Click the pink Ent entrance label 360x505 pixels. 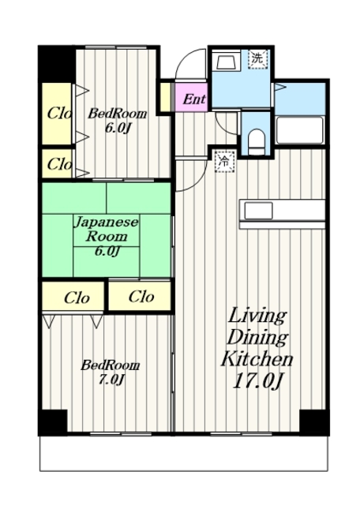[x=194, y=99]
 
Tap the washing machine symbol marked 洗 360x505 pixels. [x=258, y=58]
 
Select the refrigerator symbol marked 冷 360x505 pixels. [x=225, y=161]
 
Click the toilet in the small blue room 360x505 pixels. [x=257, y=142]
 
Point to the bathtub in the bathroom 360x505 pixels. [x=300, y=129]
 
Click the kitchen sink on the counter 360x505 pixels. [x=258, y=211]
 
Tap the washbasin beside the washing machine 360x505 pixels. [x=227, y=62]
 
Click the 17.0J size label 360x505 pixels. [x=257, y=381]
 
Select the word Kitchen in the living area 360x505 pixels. [x=257, y=359]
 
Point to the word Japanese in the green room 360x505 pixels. [x=107, y=223]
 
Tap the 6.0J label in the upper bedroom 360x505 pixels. [x=118, y=128]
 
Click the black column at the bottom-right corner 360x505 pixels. [x=314, y=422]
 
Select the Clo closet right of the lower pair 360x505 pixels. [x=141, y=297]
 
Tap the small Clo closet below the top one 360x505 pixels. [x=57, y=163]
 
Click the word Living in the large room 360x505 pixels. [x=257, y=316]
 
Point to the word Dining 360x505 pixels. [x=257, y=337]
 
